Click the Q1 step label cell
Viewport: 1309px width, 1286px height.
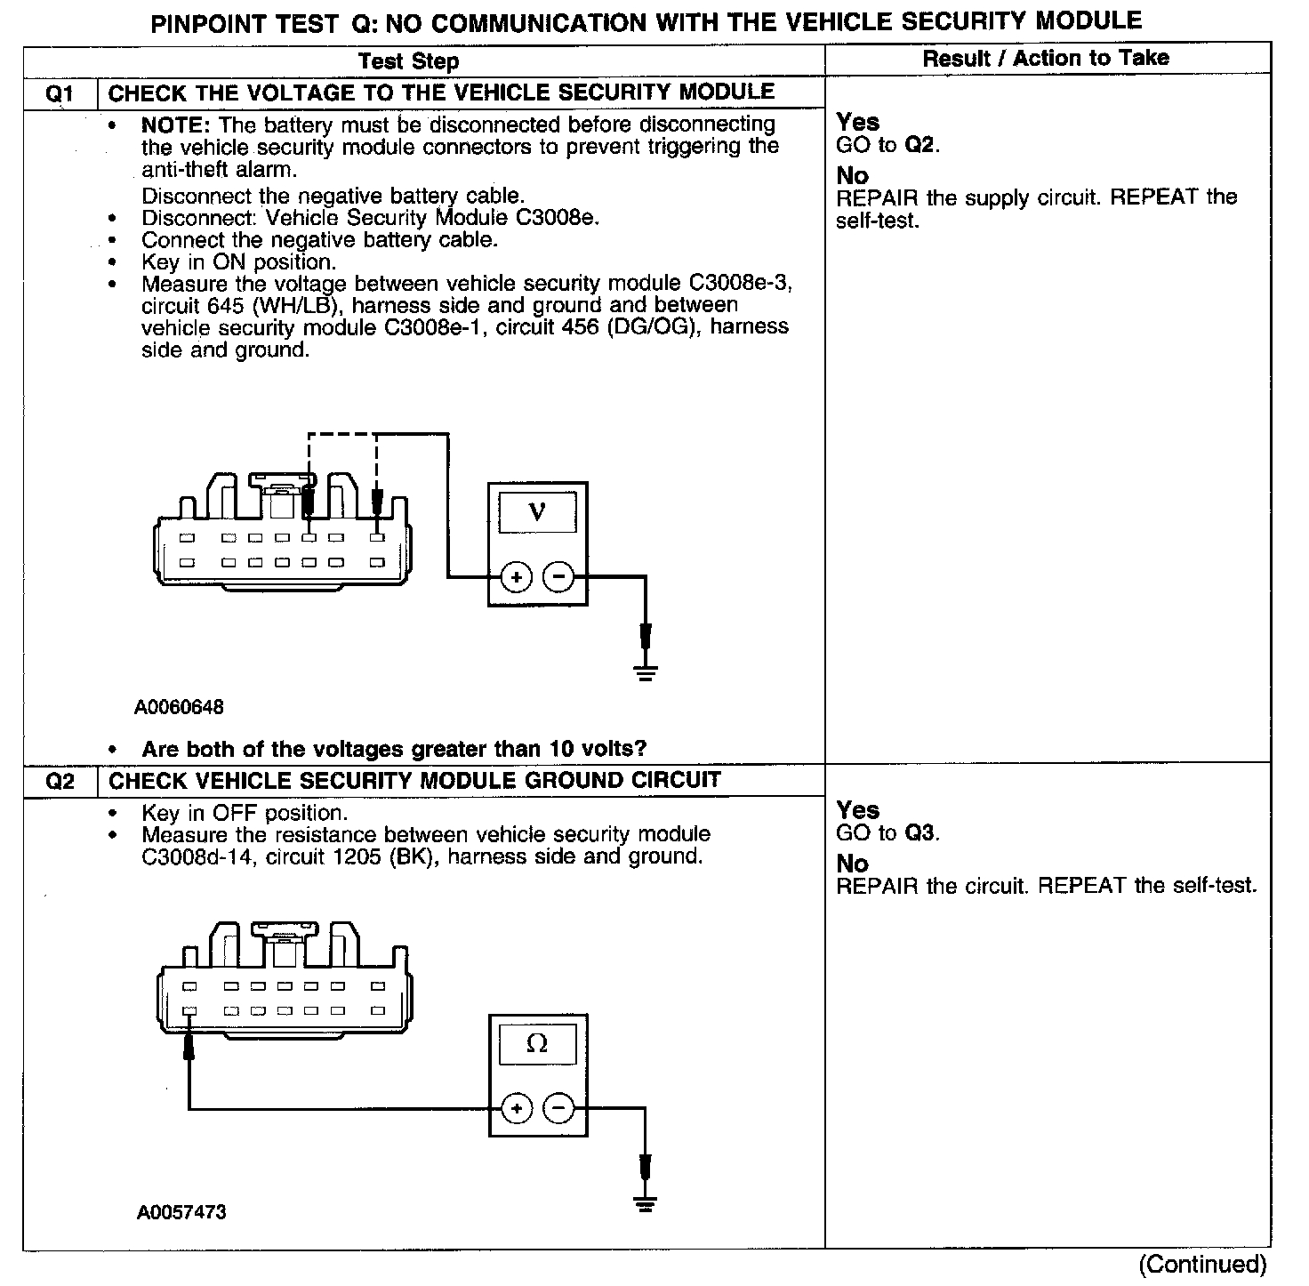pos(60,93)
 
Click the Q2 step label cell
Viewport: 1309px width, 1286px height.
pos(60,782)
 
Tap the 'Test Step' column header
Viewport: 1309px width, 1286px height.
pos(408,61)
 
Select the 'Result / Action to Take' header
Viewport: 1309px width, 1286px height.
pos(1046,59)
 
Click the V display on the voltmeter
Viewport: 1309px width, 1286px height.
pos(537,512)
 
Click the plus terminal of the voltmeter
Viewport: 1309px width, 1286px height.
pos(517,578)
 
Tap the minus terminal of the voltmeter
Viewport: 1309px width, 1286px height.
pos(558,578)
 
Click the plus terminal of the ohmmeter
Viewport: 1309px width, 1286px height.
pos(517,1108)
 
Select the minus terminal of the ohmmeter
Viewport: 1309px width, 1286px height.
pos(558,1108)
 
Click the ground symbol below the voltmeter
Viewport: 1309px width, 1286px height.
pos(646,673)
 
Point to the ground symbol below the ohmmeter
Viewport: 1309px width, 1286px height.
pos(646,1203)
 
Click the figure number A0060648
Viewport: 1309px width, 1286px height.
pos(180,708)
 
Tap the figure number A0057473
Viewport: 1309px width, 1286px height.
pos(181,1212)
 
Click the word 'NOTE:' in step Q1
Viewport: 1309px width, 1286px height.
pos(176,125)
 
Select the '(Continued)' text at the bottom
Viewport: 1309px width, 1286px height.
pos(1202,1264)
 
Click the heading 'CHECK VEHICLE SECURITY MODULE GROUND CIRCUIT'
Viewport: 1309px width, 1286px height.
pos(414,781)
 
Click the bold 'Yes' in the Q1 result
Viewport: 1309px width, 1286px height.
pos(857,122)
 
